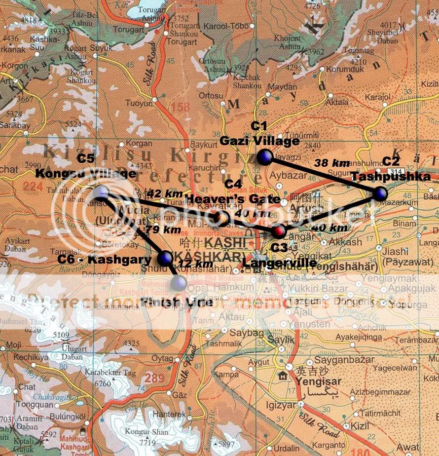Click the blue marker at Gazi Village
[264, 157]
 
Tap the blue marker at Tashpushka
[379, 193]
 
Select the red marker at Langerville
[280, 230]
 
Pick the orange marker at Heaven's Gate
[221, 217]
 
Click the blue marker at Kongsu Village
[101, 192]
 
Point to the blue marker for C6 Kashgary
[165, 258]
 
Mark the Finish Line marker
[179, 283]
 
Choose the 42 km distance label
[165, 193]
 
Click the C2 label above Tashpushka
[391, 161]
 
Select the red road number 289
[154, 379]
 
